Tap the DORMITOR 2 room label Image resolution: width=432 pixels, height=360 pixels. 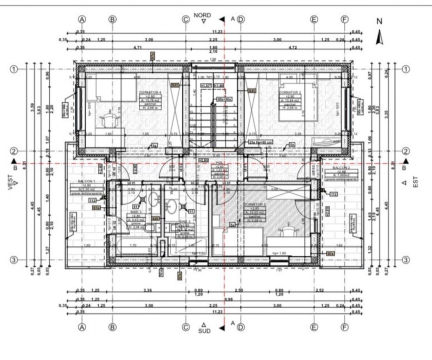[289, 93]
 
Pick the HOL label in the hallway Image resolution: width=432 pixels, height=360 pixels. [218, 162]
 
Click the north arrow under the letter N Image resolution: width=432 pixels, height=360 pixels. [379, 36]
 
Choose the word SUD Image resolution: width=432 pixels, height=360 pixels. [204, 331]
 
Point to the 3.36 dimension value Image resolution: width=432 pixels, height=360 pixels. [147, 290]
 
